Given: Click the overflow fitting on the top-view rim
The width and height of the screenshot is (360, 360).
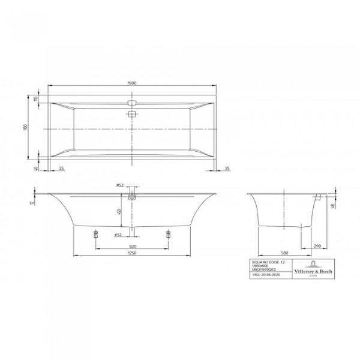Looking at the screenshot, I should (133, 102).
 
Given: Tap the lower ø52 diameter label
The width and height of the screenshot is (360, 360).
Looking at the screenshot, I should (119, 234).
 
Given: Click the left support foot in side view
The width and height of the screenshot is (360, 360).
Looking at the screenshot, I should (95, 235).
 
